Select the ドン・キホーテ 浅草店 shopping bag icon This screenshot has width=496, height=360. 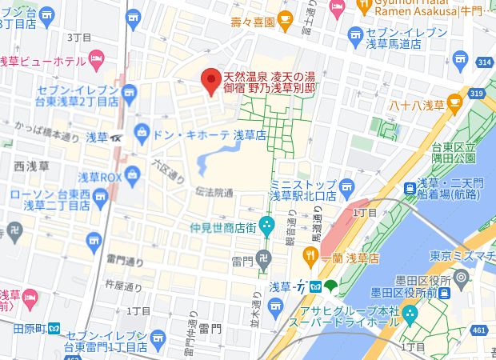click(x=142, y=130)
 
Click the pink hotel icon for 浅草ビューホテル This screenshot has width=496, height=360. click(x=96, y=58)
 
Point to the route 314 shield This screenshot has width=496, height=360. click(x=482, y=62)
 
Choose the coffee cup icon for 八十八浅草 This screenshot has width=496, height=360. click(x=455, y=102)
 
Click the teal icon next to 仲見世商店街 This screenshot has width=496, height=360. click(x=268, y=226)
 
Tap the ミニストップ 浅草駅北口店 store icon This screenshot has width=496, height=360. click(x=346, y=186)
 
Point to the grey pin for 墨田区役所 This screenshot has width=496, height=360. click(x=460, y=278)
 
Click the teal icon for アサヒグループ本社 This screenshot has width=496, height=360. click(x=410, y=313)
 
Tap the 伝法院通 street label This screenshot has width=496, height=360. click(x=214, y=194)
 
